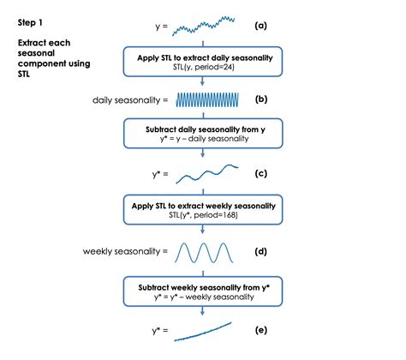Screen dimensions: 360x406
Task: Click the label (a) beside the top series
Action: click(260, 26)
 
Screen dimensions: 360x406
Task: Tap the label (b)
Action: click(260, 100)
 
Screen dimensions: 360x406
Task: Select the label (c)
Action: click(260, 174)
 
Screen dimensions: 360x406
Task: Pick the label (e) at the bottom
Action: click(260, 329)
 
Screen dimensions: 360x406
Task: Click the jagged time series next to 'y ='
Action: click(203, 26)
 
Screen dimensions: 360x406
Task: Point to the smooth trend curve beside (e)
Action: click(203, 330)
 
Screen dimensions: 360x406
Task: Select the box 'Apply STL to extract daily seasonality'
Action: click(203, 63)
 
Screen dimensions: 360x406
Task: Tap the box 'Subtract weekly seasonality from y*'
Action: click(203, 290)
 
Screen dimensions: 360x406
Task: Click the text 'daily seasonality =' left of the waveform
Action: click(130, 101)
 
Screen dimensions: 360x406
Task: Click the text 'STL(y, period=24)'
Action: click(203, 69)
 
